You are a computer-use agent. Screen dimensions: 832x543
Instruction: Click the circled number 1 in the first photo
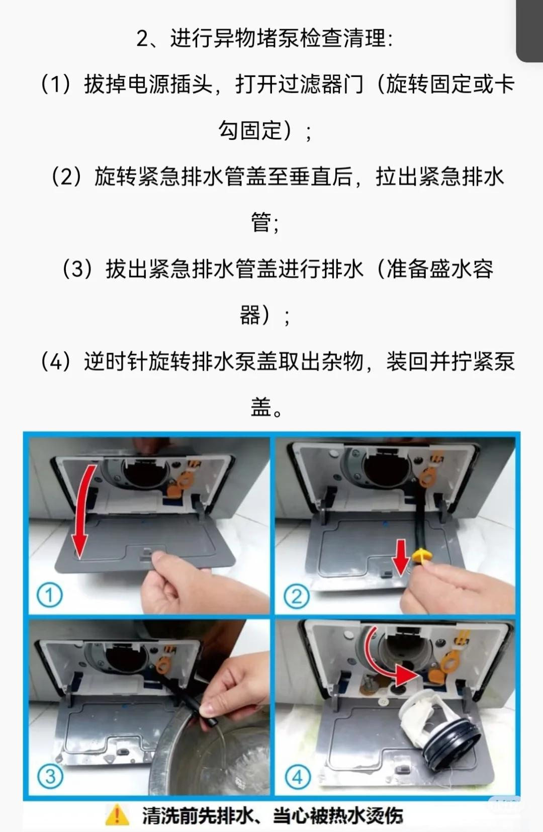coord(49,596)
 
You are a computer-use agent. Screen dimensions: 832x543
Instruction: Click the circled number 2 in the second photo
coord(296,597)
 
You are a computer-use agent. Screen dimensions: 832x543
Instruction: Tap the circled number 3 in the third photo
coord(50,776)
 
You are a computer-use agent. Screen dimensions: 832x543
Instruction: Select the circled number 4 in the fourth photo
coord(297,777)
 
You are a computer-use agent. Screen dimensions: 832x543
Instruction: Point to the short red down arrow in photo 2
coord(401,555)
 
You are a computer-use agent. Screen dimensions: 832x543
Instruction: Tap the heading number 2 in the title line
coord(143,39)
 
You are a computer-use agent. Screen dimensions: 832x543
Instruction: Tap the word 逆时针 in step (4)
coord(116,362)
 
